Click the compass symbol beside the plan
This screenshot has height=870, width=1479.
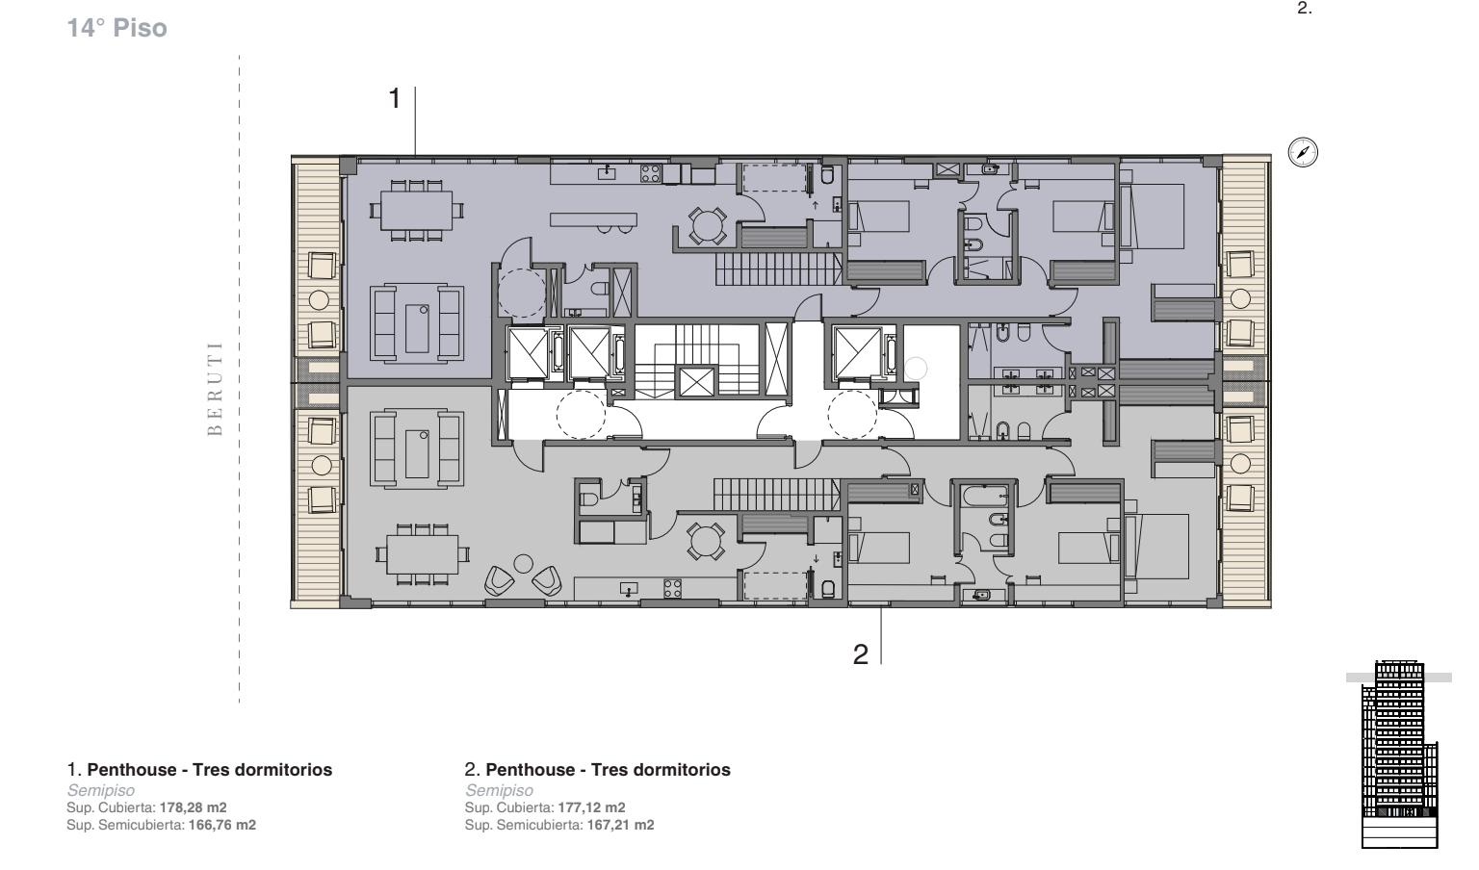1303,152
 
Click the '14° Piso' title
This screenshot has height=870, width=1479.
117,28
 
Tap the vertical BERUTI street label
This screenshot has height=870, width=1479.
215,388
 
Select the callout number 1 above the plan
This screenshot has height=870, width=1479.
395,99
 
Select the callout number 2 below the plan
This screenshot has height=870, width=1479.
860,654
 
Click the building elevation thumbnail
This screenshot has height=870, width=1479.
1399,754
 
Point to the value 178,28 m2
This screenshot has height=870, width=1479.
194,807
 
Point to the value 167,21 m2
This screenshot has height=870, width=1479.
621,825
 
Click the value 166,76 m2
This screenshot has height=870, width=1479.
221,825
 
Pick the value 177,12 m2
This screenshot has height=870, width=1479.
591,807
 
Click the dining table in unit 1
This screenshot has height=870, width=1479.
417,211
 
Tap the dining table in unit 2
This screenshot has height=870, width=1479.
423,553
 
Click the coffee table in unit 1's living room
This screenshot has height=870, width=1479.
417,328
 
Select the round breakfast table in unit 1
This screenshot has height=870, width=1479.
707,225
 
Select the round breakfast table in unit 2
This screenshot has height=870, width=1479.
706,541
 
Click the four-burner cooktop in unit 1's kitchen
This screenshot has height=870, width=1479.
650,173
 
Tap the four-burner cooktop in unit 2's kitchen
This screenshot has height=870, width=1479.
673,588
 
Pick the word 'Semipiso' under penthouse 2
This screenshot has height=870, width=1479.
499,790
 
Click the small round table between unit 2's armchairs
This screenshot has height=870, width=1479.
524,564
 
